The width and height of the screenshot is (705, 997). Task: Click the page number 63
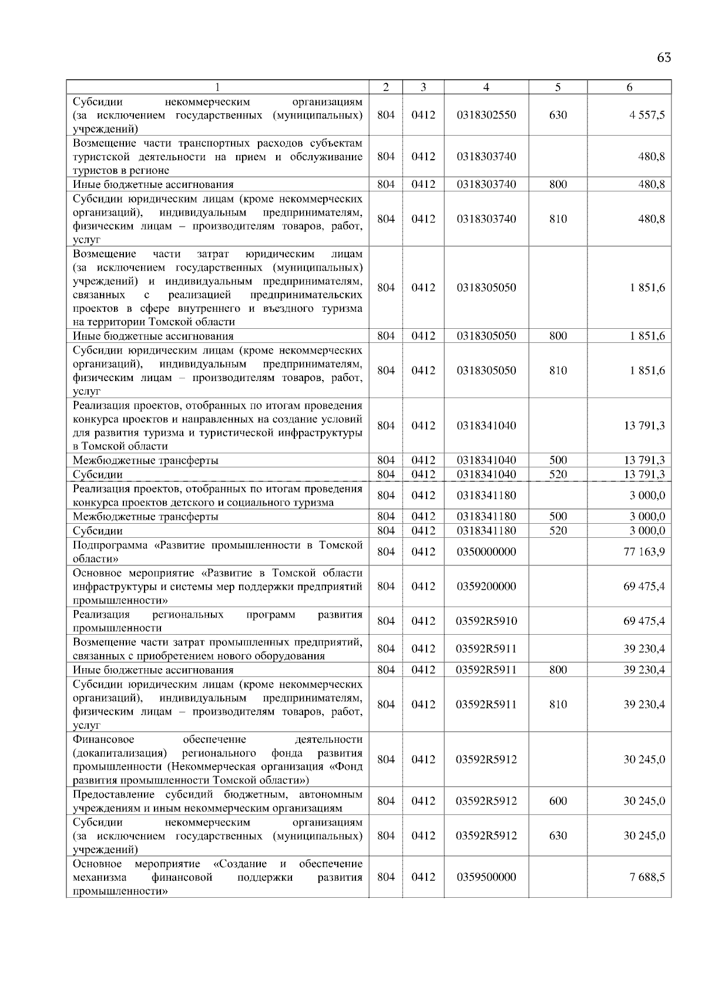pyautogui.click(x=664, y=58)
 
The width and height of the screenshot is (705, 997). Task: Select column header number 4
pyautogui.click(x=486, y=87)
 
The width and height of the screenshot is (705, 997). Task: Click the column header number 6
pyautogui.click(x=629, y=87)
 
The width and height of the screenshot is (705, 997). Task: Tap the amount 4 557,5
pyautogui.click(x=647, y=115)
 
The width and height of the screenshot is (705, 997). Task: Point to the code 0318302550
pyautogui.click(x=486, y=115)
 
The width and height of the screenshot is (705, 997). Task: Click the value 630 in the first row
pyautogui.click(x=558, y=115)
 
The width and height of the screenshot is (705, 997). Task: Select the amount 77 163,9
pyautogui.click(x=644, y=551)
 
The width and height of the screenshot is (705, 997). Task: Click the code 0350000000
pyautogui.click(x=486, y=551)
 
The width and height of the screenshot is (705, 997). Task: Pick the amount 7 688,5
pyautogui.click(x=647, y=877)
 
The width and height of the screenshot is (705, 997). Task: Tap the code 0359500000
pyautogui.click(x=486, y=877)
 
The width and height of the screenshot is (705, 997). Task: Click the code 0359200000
pyautogui.click(x=486, y=586)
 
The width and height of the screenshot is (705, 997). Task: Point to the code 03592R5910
pyautogui.click(x=486, y=621)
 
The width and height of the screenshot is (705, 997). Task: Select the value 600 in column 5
pyautogui.click(x=558, y=801)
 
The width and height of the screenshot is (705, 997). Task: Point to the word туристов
pyautogui.click(x=92, y=170)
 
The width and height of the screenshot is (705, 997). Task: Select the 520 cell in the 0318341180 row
pyautogui.click(x=558, y=530)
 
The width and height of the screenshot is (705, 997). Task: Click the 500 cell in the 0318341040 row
pyautogui.click(x=558, y=460)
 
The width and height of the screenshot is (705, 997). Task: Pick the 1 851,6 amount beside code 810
pyautogui.click(x=647, y=370)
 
